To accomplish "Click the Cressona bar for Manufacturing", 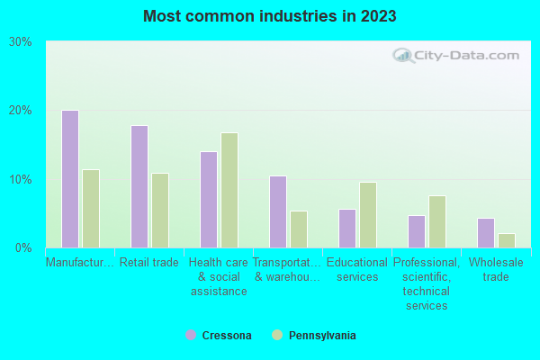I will (x=70, y=179).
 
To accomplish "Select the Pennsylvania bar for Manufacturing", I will (x=91, y=209).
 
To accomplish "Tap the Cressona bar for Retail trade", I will (x=139, y=186).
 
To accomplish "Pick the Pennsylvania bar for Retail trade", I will (x=160, y=211).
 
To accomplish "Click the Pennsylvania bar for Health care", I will (x=229, y=190).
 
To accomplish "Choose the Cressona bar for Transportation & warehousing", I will (x=278, y=211).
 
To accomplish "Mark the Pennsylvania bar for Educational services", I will (x=368, y=215).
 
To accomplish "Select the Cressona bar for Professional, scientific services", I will (x=417, y=231).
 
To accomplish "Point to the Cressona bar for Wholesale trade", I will (x=486, y=233).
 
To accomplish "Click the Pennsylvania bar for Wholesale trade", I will (x=507, y=240).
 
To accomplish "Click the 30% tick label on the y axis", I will (x=21, y=41).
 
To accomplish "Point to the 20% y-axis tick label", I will (x=21, y=111).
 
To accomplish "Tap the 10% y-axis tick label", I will (x=21, y=179).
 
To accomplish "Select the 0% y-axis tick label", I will (x=24, y=247).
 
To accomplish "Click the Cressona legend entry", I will (x=219, y=336).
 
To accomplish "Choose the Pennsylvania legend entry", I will (x=314, y=336).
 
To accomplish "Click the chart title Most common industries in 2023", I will (x=270, y=16).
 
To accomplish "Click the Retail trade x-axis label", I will (x=149, y=263).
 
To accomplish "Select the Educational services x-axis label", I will (x=357, y=270).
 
